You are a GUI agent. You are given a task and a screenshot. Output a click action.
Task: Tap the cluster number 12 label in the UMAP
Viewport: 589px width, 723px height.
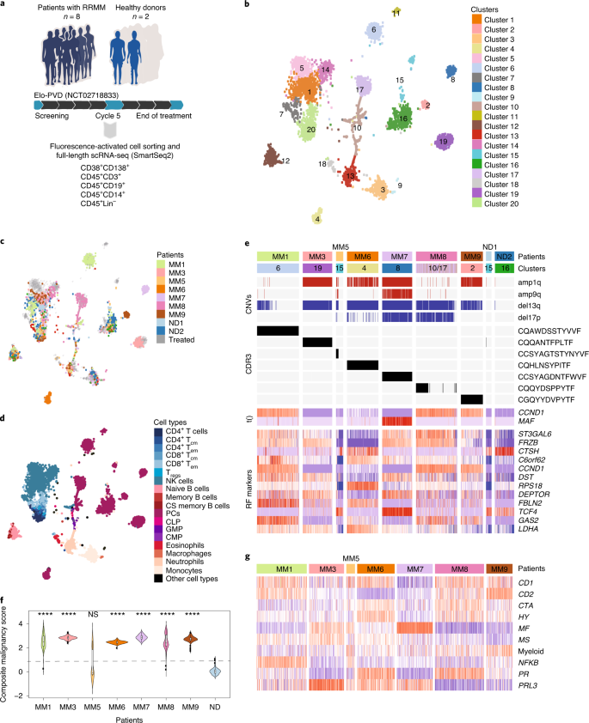click(x=285, y=161)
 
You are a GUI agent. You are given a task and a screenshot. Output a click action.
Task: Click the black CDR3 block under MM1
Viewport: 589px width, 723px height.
click(x=278, y=331)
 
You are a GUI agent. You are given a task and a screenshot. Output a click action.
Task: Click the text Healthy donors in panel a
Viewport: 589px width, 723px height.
click(x=142, y=8)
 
